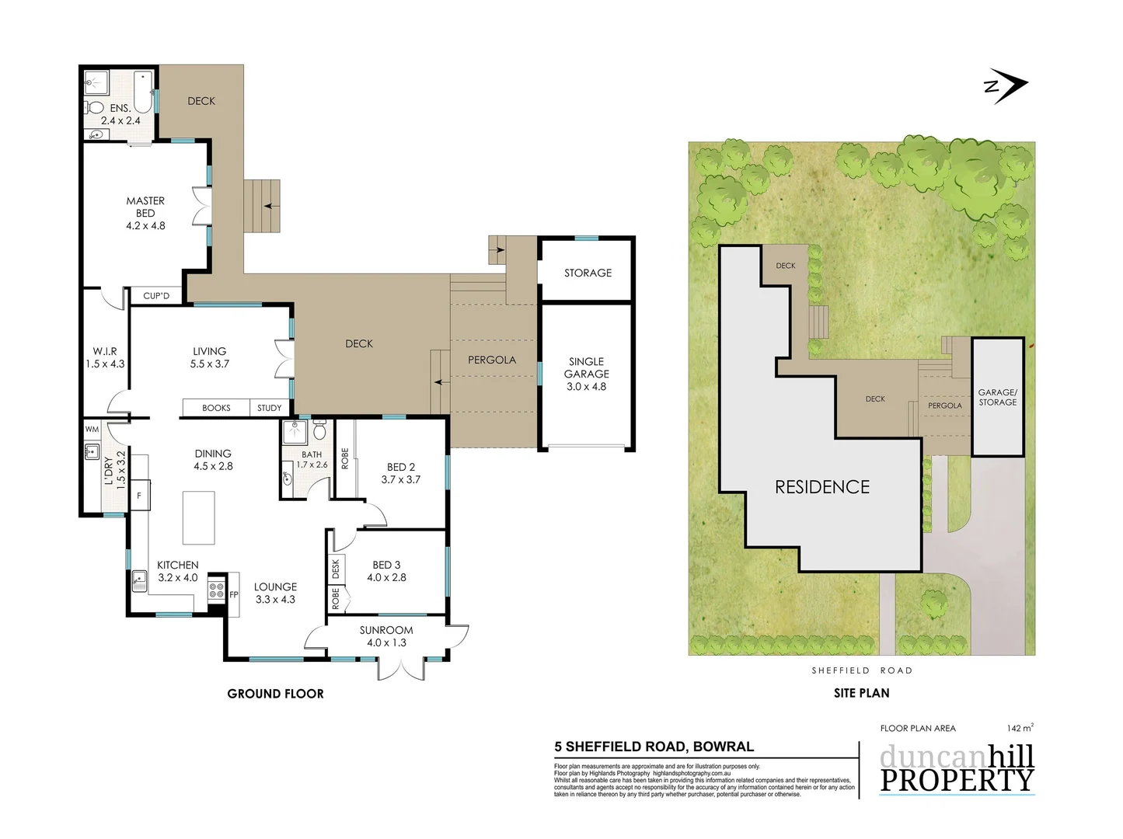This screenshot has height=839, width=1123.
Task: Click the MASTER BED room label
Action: [x=145, y=213]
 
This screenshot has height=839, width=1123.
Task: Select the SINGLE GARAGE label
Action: [x=587, y=374]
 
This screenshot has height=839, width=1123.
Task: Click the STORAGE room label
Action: [x=588, y=273]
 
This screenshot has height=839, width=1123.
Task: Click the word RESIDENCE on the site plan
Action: [x=822, y=487]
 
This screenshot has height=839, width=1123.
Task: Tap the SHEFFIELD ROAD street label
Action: [x=862, y=670]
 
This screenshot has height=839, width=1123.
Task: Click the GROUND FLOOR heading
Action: [x=275, y=694]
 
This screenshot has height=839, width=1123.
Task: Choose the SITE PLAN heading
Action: [x=861, y=693]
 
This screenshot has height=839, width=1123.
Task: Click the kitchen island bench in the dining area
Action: [x=198, y=517]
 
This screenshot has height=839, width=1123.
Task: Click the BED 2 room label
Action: [x=401, y=473]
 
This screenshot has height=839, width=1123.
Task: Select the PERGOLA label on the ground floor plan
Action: [x=492, y=360]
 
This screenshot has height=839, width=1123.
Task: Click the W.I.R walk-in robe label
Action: [x=105, y=357]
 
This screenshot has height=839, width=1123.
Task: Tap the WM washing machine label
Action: [x=92, y=429]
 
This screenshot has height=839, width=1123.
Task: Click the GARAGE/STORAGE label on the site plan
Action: [x=997, y=397]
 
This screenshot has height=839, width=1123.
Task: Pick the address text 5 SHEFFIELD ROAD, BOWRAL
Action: [x=654, y=747]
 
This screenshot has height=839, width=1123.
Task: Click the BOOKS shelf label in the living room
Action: [x=216, y=408]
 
